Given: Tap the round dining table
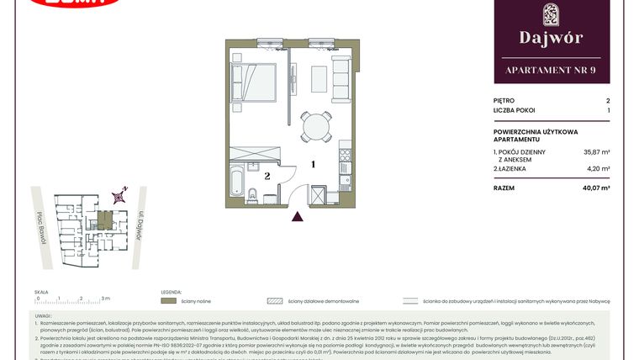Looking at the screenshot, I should [x=317, y=127].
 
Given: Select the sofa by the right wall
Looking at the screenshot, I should [x=341, y=79].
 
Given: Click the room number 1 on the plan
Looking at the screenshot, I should [x=313, y=165].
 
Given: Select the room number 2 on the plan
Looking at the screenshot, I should [x=267, y=177].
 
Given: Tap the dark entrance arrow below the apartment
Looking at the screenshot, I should [x=296, y=217].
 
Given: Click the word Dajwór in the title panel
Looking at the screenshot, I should [x=551, y=38].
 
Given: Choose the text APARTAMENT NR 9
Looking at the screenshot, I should [x=551, y=70].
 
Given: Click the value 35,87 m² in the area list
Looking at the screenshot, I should [x=597, y=152].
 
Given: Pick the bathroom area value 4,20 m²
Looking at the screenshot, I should [x=599, y=169].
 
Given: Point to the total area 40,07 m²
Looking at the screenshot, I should [x=596, y=188].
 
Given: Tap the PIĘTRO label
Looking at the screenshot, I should [x=504, y=100].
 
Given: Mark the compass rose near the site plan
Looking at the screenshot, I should [x=121, y=195].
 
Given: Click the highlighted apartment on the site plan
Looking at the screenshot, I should [x=103, y=220].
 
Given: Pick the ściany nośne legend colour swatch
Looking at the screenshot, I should [x=168, y=300].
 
